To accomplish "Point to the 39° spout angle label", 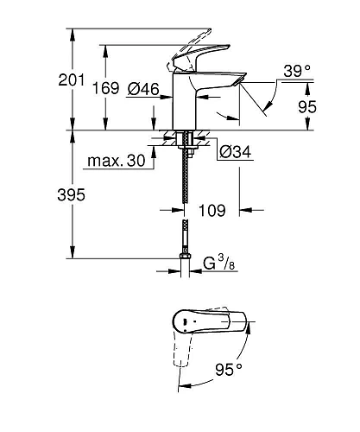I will [x=295, y=71].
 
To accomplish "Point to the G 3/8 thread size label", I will [x=221, y=262].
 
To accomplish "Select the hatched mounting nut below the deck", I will [x=184, y=141].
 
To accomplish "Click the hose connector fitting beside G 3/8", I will [x=183, y=256].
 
